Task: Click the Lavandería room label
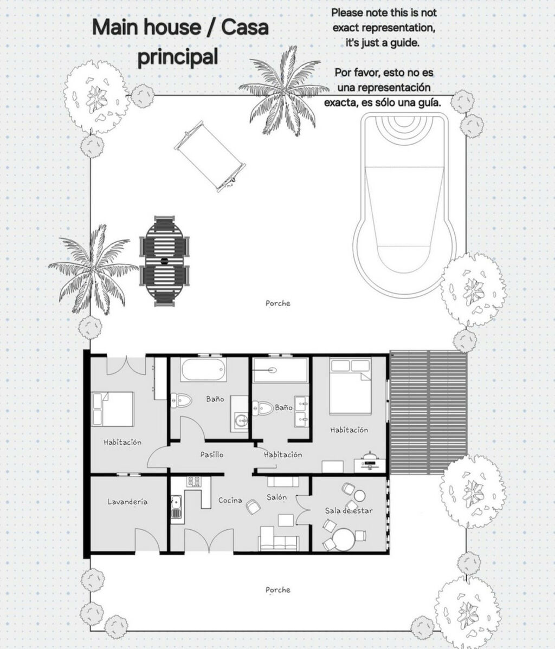tap(127, 502)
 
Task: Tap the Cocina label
tap(230, 500)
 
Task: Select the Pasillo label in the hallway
tap(211, 455)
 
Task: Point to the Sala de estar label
tap(349, 510)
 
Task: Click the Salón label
tap(276, 497)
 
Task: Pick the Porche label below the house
tap(278, 590)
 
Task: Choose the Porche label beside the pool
tap(278, 303)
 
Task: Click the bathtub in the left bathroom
tap(203, 369)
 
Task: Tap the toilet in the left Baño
tap(182, 400)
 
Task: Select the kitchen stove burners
tap(194, 482)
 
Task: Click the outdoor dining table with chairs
tap(164, 261)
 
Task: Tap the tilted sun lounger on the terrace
tap(210, 157)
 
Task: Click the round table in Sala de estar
tap(344, 540)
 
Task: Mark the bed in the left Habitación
tap(113, 409)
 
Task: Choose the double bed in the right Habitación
tap(350, 387)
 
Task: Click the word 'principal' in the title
tap(178, 56)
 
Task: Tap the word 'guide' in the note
tap(405, 42)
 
